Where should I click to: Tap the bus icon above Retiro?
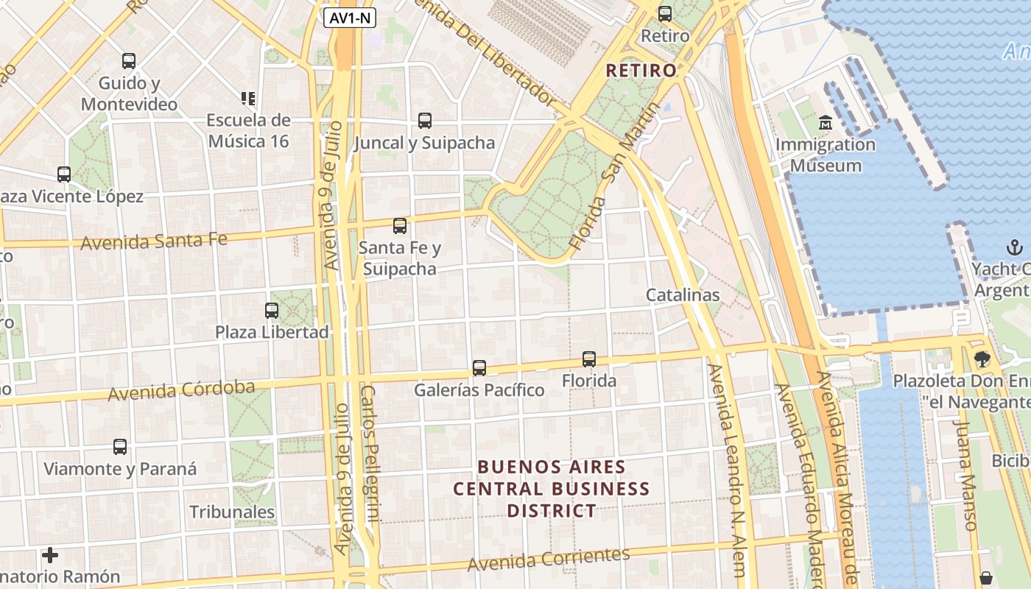pyautogui.click(x=665, y=13)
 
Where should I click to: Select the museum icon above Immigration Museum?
pyautogui.click(x=825, y=121)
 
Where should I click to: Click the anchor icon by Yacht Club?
pyautogui.click(x=1014, y=247)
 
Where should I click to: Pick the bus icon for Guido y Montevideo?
pyautogui.click(x=129, y=60)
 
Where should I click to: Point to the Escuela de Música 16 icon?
pyautogui.click(x=248, y=98)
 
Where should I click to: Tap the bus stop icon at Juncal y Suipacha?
pyautogui.click(x=424, y=120)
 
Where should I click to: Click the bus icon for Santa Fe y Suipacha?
pyautogui.click(x=400, y=225)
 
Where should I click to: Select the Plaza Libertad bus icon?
pyautogui.click(x=272, y=310)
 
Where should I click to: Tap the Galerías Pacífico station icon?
pyautogui.click(x=479, y=367)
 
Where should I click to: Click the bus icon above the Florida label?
pyautogui.click(x=589, y=359)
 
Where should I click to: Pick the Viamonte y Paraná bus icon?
pyautogui.click(x=120, y=446)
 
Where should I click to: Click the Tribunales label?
pyautogui.click(x=232, y=512)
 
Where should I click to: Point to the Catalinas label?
pyautogui.click(x=683, y=295)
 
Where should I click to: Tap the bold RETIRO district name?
pyautogui.click(x=641, y=71)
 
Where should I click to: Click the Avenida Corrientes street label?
pyautogui.click(x=549, y=559)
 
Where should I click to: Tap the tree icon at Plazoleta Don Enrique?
pyautogui.click(x=982, y=359)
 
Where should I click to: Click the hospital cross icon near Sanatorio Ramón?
pyautogui.click(x=50, y=554)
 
